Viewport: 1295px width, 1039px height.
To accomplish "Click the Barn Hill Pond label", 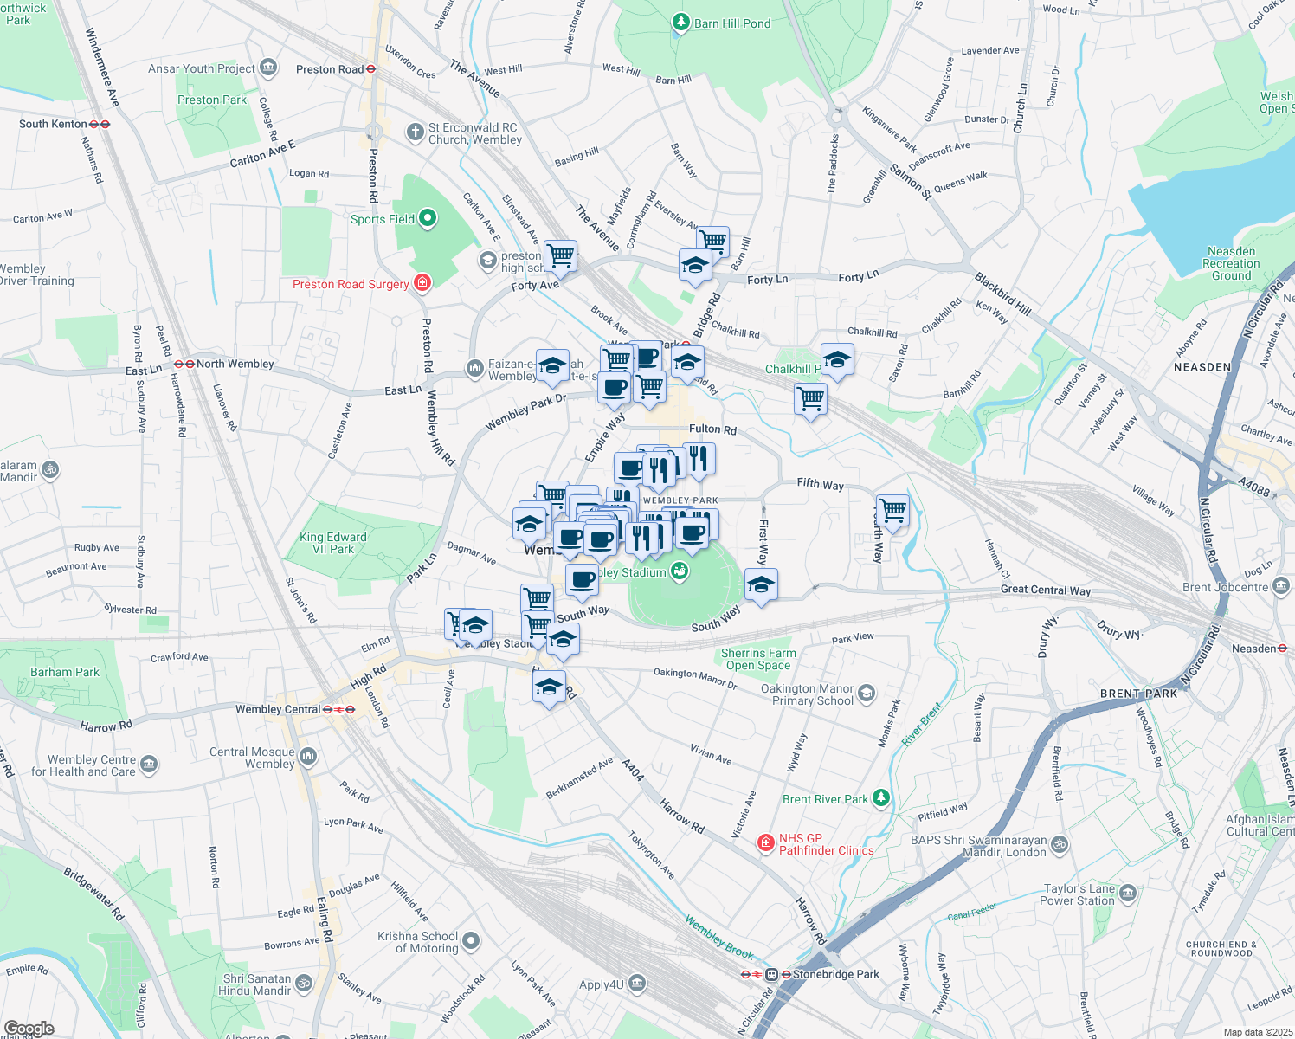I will coord(731,23).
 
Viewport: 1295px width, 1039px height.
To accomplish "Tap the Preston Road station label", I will coord(330,69).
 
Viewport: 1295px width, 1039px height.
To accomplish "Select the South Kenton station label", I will coord(54,124).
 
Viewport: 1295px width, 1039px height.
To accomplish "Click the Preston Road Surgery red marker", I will coord(422,282).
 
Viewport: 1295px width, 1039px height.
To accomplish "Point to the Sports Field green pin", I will coord(428,218).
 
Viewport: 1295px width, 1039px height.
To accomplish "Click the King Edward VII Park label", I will coord(333,543).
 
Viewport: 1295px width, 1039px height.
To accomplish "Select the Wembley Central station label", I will coord(278,709).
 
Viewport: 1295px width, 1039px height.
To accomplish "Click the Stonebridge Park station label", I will coord(835,974).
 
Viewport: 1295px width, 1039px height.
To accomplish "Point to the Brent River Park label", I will coord(825,799).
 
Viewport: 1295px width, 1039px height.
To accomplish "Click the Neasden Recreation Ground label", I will coord(1231,263).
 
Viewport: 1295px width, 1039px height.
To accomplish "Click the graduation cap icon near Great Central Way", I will coord(760,585).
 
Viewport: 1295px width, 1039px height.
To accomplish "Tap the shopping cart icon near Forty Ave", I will coord(560,255).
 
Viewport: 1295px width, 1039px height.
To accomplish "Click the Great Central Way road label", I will coord(1045,590).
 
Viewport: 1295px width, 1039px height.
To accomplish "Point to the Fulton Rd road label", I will coord(712,429).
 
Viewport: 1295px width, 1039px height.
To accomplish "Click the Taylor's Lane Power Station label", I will coord(1077,894).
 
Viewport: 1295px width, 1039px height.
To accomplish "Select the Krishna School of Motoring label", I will coord(418,942).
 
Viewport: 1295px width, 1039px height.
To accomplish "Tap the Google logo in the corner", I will coord(29,1029).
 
